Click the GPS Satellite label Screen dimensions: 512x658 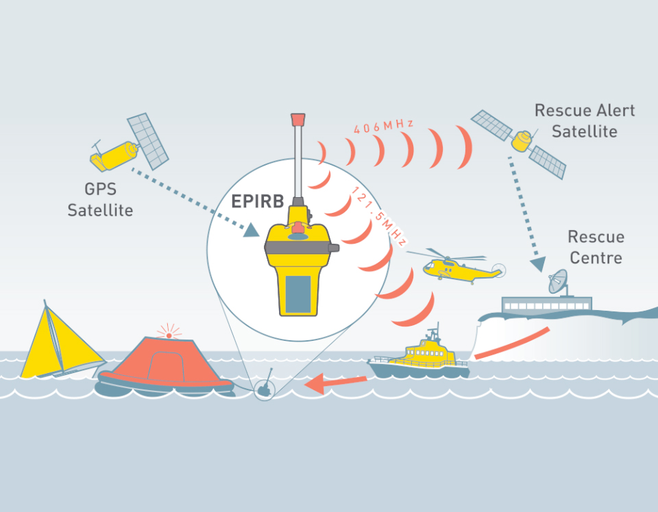click(x=100, y=199)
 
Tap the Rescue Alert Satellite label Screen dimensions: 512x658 click(x=584, y=120)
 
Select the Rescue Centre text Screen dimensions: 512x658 click(x=596, y=247)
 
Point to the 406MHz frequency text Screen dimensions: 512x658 click(x=383, y=126)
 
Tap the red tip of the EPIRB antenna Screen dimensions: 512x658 click(x=297, y=119)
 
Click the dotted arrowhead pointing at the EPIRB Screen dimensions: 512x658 click(x=254, y=232)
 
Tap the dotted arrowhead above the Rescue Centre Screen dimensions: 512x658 click(x=537, y=263)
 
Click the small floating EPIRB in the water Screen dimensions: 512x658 click(x=265, y=389)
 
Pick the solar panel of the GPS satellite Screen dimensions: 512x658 click(x=148, y=141)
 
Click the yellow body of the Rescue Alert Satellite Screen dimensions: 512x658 click(x=522, y=142)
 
